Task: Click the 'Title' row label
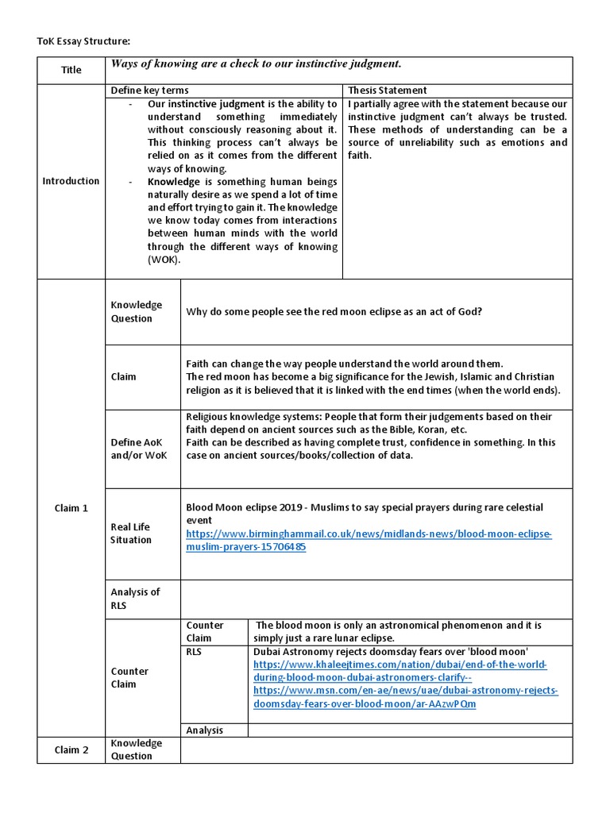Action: pyautogui.click(x=71, y=70)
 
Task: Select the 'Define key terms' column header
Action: pyautogui.click(x=149, y=91)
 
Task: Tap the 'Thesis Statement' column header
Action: pyautogui.click(x=387, y=91)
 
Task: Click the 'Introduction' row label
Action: pyautogui.click(x=71, y=181)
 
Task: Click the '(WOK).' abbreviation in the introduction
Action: pyautogui.click(x=164, y=259)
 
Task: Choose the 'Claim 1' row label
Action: pyautogui.click(x=71, y=508)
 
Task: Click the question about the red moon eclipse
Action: pyautogui.click(x=334, y=312)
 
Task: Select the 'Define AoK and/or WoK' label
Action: pyautogui.click(x=138, y=449)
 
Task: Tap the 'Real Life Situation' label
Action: pyautogui.click(x=131, y=534)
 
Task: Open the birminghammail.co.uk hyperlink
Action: pyautogui.click(x=368, y=541)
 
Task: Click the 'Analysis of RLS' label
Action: pyautogui.click(x=135, y=599)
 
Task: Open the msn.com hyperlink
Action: pyautogui.click(x=405, y=698)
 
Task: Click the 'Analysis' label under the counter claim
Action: pyautogui.click(x=204, y=730)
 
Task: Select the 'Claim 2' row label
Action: pyautogui.click(x=71, y=749)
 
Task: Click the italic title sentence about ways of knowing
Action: pyautogui.click(x=256, y=64)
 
